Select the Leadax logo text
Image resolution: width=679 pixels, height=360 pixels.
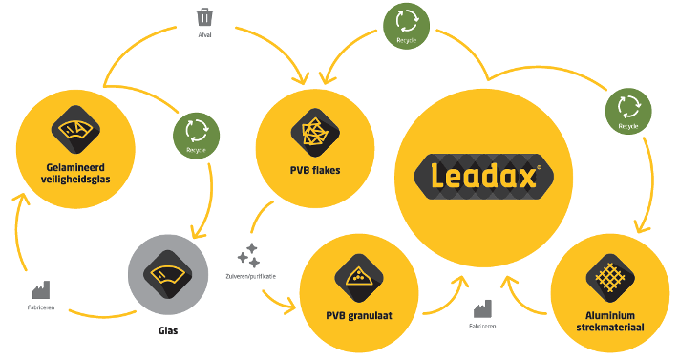[478, 176]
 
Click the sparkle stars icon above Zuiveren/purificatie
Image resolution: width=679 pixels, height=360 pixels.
[248, 255]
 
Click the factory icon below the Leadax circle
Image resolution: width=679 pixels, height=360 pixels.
[481, 307]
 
